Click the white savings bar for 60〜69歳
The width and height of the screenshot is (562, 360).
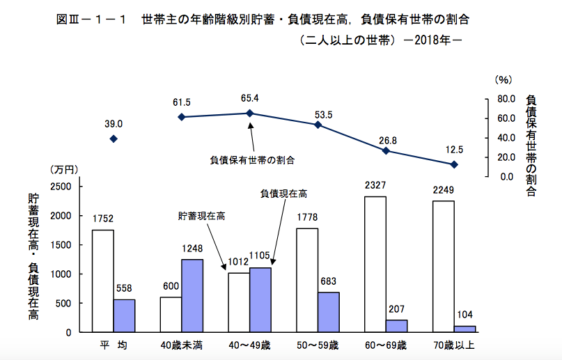point(375,264)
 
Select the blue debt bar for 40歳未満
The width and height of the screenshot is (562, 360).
point(192,295)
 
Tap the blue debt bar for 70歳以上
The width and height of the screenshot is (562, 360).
point(465,329)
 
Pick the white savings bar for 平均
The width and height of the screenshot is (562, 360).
point(103,281)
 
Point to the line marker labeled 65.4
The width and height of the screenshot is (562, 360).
point(249,113)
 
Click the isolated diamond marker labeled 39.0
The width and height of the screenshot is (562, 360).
point(114,139)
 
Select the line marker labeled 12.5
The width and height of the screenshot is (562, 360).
point(454,164)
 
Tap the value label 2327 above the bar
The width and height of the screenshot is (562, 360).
point(375,186)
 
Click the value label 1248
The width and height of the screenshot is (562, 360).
point(192,248)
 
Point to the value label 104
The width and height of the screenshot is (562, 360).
point(465,315)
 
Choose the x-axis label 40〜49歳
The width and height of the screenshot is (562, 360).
point(249,345)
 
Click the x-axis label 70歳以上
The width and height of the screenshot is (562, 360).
point(454,345)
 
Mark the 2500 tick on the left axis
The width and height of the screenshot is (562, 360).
point(61,187)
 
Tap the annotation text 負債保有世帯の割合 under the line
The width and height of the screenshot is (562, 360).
point(252,159)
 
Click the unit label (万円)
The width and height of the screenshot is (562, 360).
point(65,169)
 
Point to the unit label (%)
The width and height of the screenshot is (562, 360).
point(503,80)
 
